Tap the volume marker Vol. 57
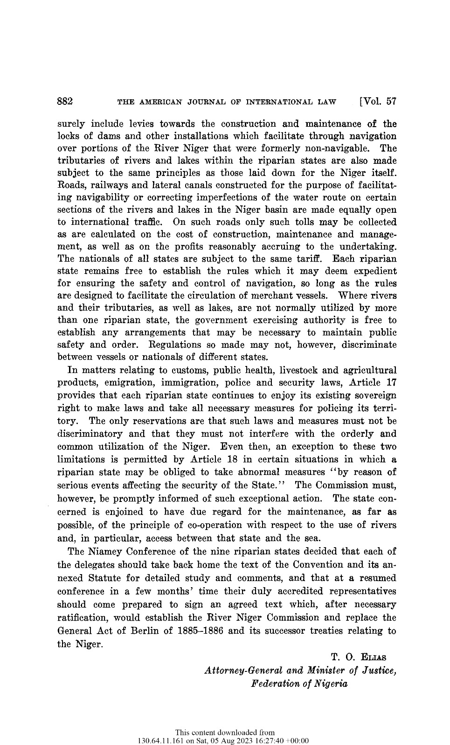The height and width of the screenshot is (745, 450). (377, 102)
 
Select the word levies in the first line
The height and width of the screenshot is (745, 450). (140, 124)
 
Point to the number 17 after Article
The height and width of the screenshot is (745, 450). (391, 383)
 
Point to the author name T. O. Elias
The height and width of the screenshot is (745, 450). (359, 657)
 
